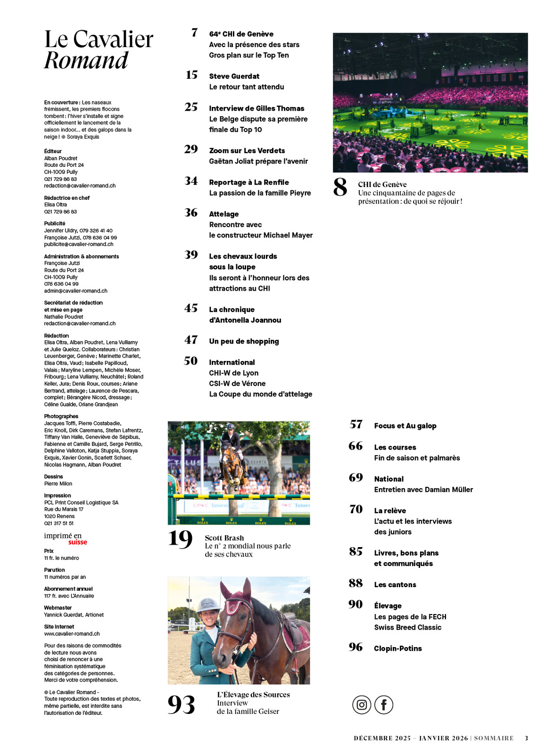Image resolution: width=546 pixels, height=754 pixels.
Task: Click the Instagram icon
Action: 362,705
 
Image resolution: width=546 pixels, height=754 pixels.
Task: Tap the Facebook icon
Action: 384,705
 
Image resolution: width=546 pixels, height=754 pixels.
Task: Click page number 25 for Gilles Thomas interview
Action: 191,107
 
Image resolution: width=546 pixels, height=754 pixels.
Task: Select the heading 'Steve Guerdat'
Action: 234,76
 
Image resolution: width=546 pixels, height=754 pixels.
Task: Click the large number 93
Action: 181,705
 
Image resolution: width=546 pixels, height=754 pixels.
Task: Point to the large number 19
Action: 180,539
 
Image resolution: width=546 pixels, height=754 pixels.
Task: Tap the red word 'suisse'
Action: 78,542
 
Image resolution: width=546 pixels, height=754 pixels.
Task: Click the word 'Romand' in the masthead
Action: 86,60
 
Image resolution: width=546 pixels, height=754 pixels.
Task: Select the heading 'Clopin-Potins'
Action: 397,648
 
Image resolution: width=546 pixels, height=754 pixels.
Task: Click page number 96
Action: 356,647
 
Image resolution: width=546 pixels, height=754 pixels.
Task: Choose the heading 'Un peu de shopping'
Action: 244,341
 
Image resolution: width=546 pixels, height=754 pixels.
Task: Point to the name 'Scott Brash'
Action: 224,538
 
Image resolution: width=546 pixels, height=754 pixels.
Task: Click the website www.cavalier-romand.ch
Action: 72,634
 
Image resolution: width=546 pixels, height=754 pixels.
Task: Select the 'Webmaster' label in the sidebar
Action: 58,608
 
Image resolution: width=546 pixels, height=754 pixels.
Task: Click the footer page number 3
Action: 526,738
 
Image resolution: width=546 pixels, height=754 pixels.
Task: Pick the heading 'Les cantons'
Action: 395,585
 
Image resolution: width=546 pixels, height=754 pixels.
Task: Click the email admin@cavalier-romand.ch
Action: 75,291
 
